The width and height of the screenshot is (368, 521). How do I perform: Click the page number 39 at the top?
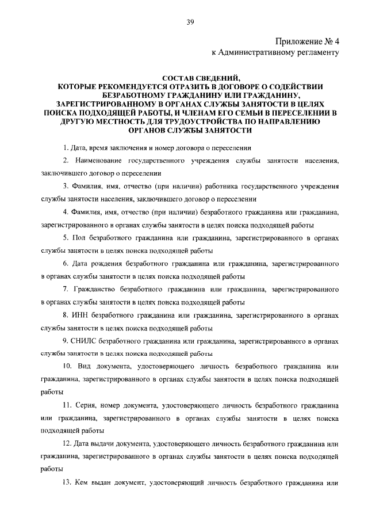pyautogui.click(x=190, y=22)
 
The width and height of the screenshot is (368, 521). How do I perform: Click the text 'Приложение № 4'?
pyautogui.click(x=308, y=41)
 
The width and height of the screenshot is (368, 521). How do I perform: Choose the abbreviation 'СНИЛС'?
pyautogui.click(x=85, y=341)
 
